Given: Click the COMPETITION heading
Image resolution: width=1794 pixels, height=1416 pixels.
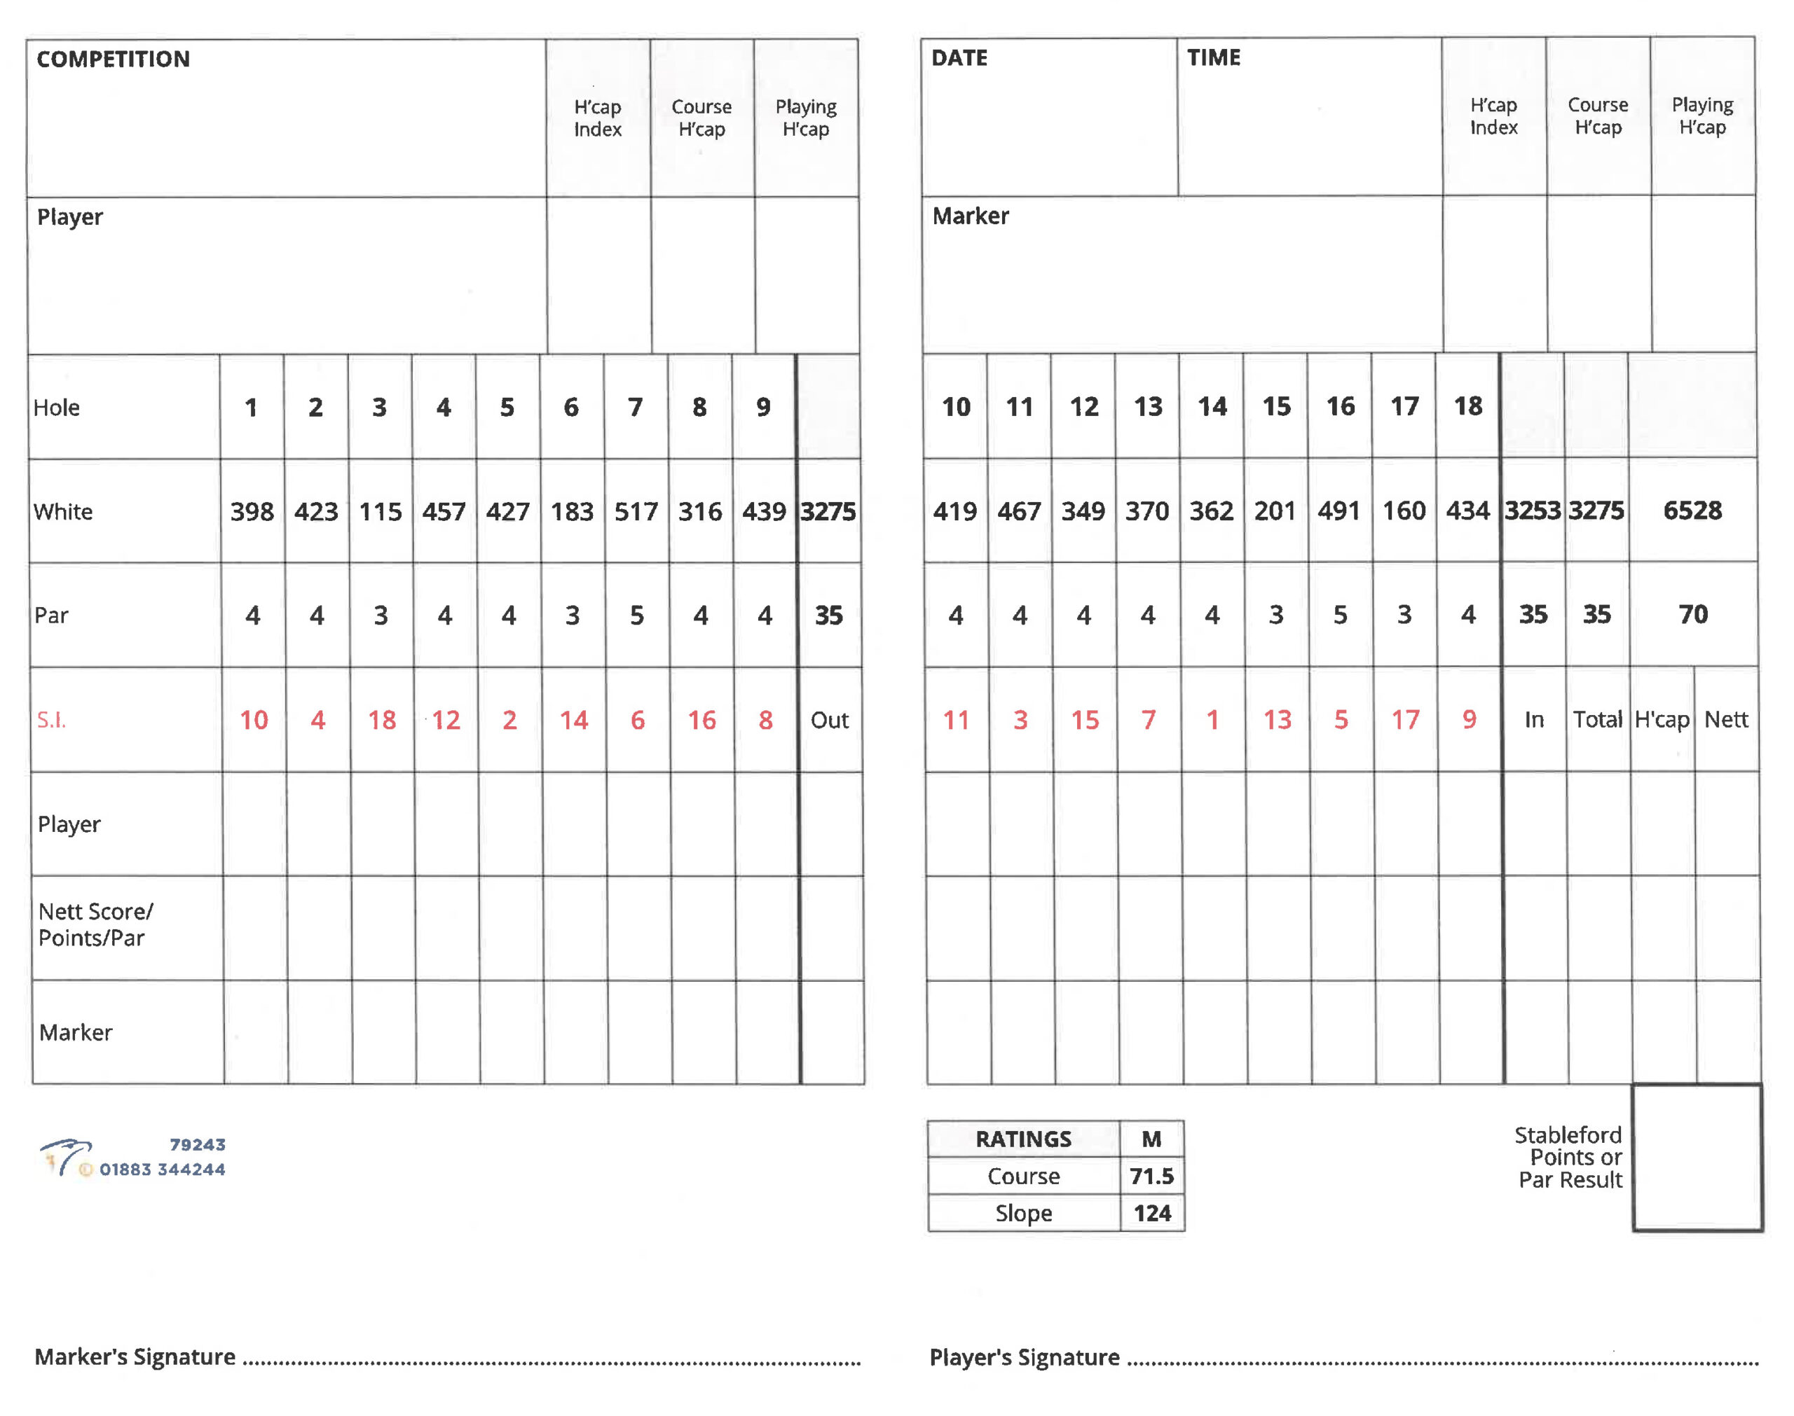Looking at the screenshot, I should [x=113, y=59].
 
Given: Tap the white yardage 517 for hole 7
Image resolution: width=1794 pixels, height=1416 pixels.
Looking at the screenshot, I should [x=636, y=511].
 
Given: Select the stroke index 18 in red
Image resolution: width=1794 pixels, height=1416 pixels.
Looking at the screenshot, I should [x=381, y=720].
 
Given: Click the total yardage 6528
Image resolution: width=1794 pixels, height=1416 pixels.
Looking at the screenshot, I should [x=1692, y=511].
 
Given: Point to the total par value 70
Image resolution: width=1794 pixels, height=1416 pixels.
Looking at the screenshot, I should [x=1693, y=614].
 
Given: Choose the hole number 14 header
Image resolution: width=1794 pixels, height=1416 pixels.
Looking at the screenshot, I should [x=1212, y=406].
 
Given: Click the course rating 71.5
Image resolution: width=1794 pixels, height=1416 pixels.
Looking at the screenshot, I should [x=1151, y=1176].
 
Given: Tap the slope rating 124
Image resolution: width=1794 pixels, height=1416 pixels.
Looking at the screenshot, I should [x=1152, y=1214].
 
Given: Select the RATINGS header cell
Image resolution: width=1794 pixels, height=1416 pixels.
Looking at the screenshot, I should [x=1022, y=1139].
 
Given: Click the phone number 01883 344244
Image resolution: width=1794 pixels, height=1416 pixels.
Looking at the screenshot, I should [x=163, y=1169].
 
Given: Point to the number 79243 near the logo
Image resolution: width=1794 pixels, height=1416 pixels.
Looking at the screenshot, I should [x=198, y=1145].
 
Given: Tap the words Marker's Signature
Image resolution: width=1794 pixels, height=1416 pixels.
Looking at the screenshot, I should [x=135, y=1357].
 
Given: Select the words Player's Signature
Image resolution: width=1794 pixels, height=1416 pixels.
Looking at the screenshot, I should [x=1025, y=1358].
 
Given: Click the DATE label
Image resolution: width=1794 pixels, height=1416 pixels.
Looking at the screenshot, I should [x=959, y=58].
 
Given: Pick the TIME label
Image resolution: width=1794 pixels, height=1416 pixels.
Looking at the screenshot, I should [x=1214, y=58].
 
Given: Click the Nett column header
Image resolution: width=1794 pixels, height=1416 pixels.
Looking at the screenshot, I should [x=1725, y=720].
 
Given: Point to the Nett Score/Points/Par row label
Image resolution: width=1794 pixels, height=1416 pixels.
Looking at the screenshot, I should [x=95, y=925].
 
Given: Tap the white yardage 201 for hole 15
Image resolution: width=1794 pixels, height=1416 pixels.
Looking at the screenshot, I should [x=1275, y=511].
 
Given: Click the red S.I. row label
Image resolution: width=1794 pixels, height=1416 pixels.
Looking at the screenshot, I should [x=51, y=720].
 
